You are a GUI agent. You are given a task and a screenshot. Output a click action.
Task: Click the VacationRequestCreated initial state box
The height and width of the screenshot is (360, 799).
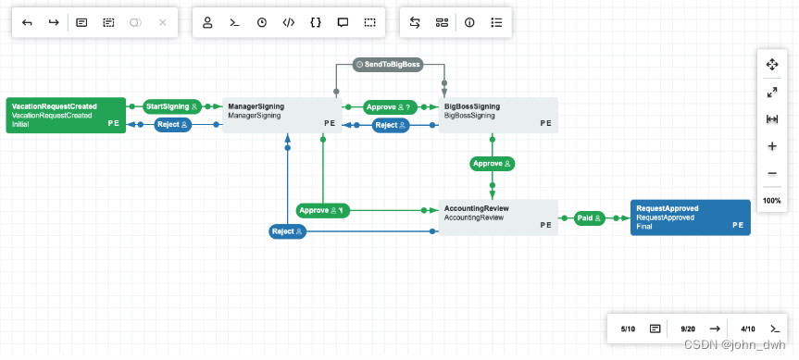coord(65,115)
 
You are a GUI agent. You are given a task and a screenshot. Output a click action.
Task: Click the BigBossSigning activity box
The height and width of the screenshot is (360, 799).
coord(497,115)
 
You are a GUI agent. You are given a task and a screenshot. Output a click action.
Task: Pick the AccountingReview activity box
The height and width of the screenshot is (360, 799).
coord(497,217)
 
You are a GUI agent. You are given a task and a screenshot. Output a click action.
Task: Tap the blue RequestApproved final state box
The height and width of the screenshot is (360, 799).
coord(690,217)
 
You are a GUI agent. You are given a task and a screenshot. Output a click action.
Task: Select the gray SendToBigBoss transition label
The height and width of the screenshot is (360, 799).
coord(389,65)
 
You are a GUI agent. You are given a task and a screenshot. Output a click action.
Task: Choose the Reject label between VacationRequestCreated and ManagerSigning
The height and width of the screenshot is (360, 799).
coord(172,125)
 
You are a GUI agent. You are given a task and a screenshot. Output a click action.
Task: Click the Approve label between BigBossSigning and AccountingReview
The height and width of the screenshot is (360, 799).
coord(492,164)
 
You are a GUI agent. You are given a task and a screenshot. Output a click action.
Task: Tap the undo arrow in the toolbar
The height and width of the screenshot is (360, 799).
coord(28,22)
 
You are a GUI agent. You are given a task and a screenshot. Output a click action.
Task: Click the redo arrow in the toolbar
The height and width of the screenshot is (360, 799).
coord(54,22)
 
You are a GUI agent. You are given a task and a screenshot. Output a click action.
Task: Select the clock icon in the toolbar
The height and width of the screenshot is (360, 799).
coord(262,22)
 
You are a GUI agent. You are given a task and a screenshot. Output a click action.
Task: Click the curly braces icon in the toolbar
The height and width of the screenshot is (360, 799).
coord(316,22)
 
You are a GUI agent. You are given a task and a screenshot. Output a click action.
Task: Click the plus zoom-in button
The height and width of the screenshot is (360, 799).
coord(772,146)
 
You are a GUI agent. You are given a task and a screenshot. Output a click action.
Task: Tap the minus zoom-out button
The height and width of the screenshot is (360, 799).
coord(772,174)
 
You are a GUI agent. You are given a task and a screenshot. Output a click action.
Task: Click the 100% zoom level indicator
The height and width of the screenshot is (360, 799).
coord(772,201)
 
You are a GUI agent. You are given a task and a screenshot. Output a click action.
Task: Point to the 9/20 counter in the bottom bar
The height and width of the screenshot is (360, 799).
coord(688,329)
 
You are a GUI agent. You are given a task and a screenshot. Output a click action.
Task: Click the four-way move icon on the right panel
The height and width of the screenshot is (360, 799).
coord(772,64)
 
